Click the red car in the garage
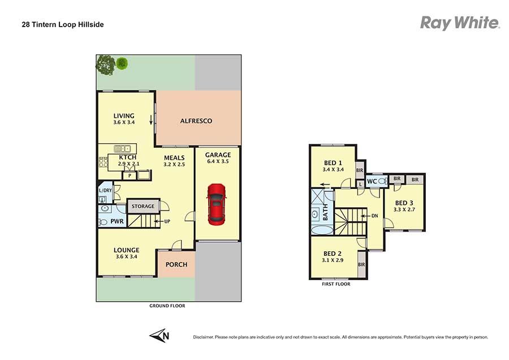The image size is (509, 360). (217, 204)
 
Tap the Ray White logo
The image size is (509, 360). (460, 23)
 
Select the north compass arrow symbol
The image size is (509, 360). (159, 335)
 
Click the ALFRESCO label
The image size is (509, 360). (196, 121)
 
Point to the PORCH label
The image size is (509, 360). (176, 264)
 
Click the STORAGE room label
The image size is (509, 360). (143, 206)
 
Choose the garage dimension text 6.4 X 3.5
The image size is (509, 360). (218, 161)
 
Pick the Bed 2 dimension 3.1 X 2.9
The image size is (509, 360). (333, 260)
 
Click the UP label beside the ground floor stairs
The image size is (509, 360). (167, 221)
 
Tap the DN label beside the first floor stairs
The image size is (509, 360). (374, 216)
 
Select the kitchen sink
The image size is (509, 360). (122, 148)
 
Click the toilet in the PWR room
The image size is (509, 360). (102, 222)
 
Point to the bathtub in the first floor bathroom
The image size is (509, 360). (322, 230)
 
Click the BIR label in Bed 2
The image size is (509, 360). (361, 265)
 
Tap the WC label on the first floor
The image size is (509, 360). (372, 181)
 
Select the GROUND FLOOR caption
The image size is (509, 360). (167, 306)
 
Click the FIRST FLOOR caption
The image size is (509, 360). (336, 284)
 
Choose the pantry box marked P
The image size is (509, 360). (130, 175)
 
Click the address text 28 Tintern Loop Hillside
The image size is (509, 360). (63, 25)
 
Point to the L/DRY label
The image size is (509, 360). (105, 190)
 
